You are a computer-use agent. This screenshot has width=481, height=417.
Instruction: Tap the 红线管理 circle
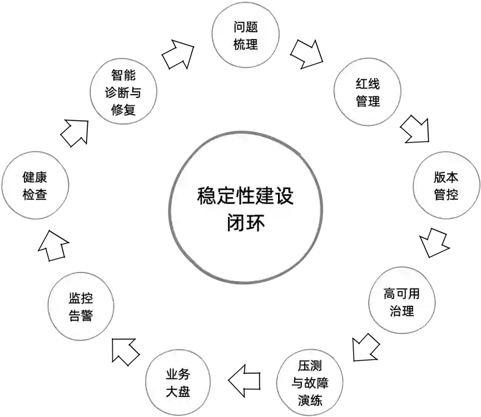point(367,92)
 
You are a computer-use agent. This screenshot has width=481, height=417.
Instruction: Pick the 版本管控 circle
point(446,185)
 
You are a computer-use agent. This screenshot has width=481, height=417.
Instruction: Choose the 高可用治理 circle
point(401,301)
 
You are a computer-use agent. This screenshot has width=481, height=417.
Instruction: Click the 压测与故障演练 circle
point(310,382)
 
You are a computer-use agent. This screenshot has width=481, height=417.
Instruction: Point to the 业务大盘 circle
point(178,382)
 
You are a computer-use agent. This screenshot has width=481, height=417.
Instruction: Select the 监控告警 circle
point(81,307)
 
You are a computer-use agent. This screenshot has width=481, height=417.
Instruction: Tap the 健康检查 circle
point(35,185)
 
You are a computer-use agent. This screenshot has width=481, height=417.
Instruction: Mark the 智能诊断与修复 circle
point(123,92)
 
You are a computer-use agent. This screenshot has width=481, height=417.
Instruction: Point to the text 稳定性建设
point(245,196)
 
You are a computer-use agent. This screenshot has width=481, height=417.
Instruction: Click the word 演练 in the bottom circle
point(310,400)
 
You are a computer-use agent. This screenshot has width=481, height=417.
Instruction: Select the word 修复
point(123,110)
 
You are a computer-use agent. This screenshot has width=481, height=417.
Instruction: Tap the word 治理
point(401,310)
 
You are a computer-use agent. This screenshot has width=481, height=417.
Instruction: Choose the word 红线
point(367,84)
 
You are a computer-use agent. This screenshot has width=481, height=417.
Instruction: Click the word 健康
point(35,177)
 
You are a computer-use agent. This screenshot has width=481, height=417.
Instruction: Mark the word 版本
point(446,177)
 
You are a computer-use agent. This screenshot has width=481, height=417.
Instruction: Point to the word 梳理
point(245,45)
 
